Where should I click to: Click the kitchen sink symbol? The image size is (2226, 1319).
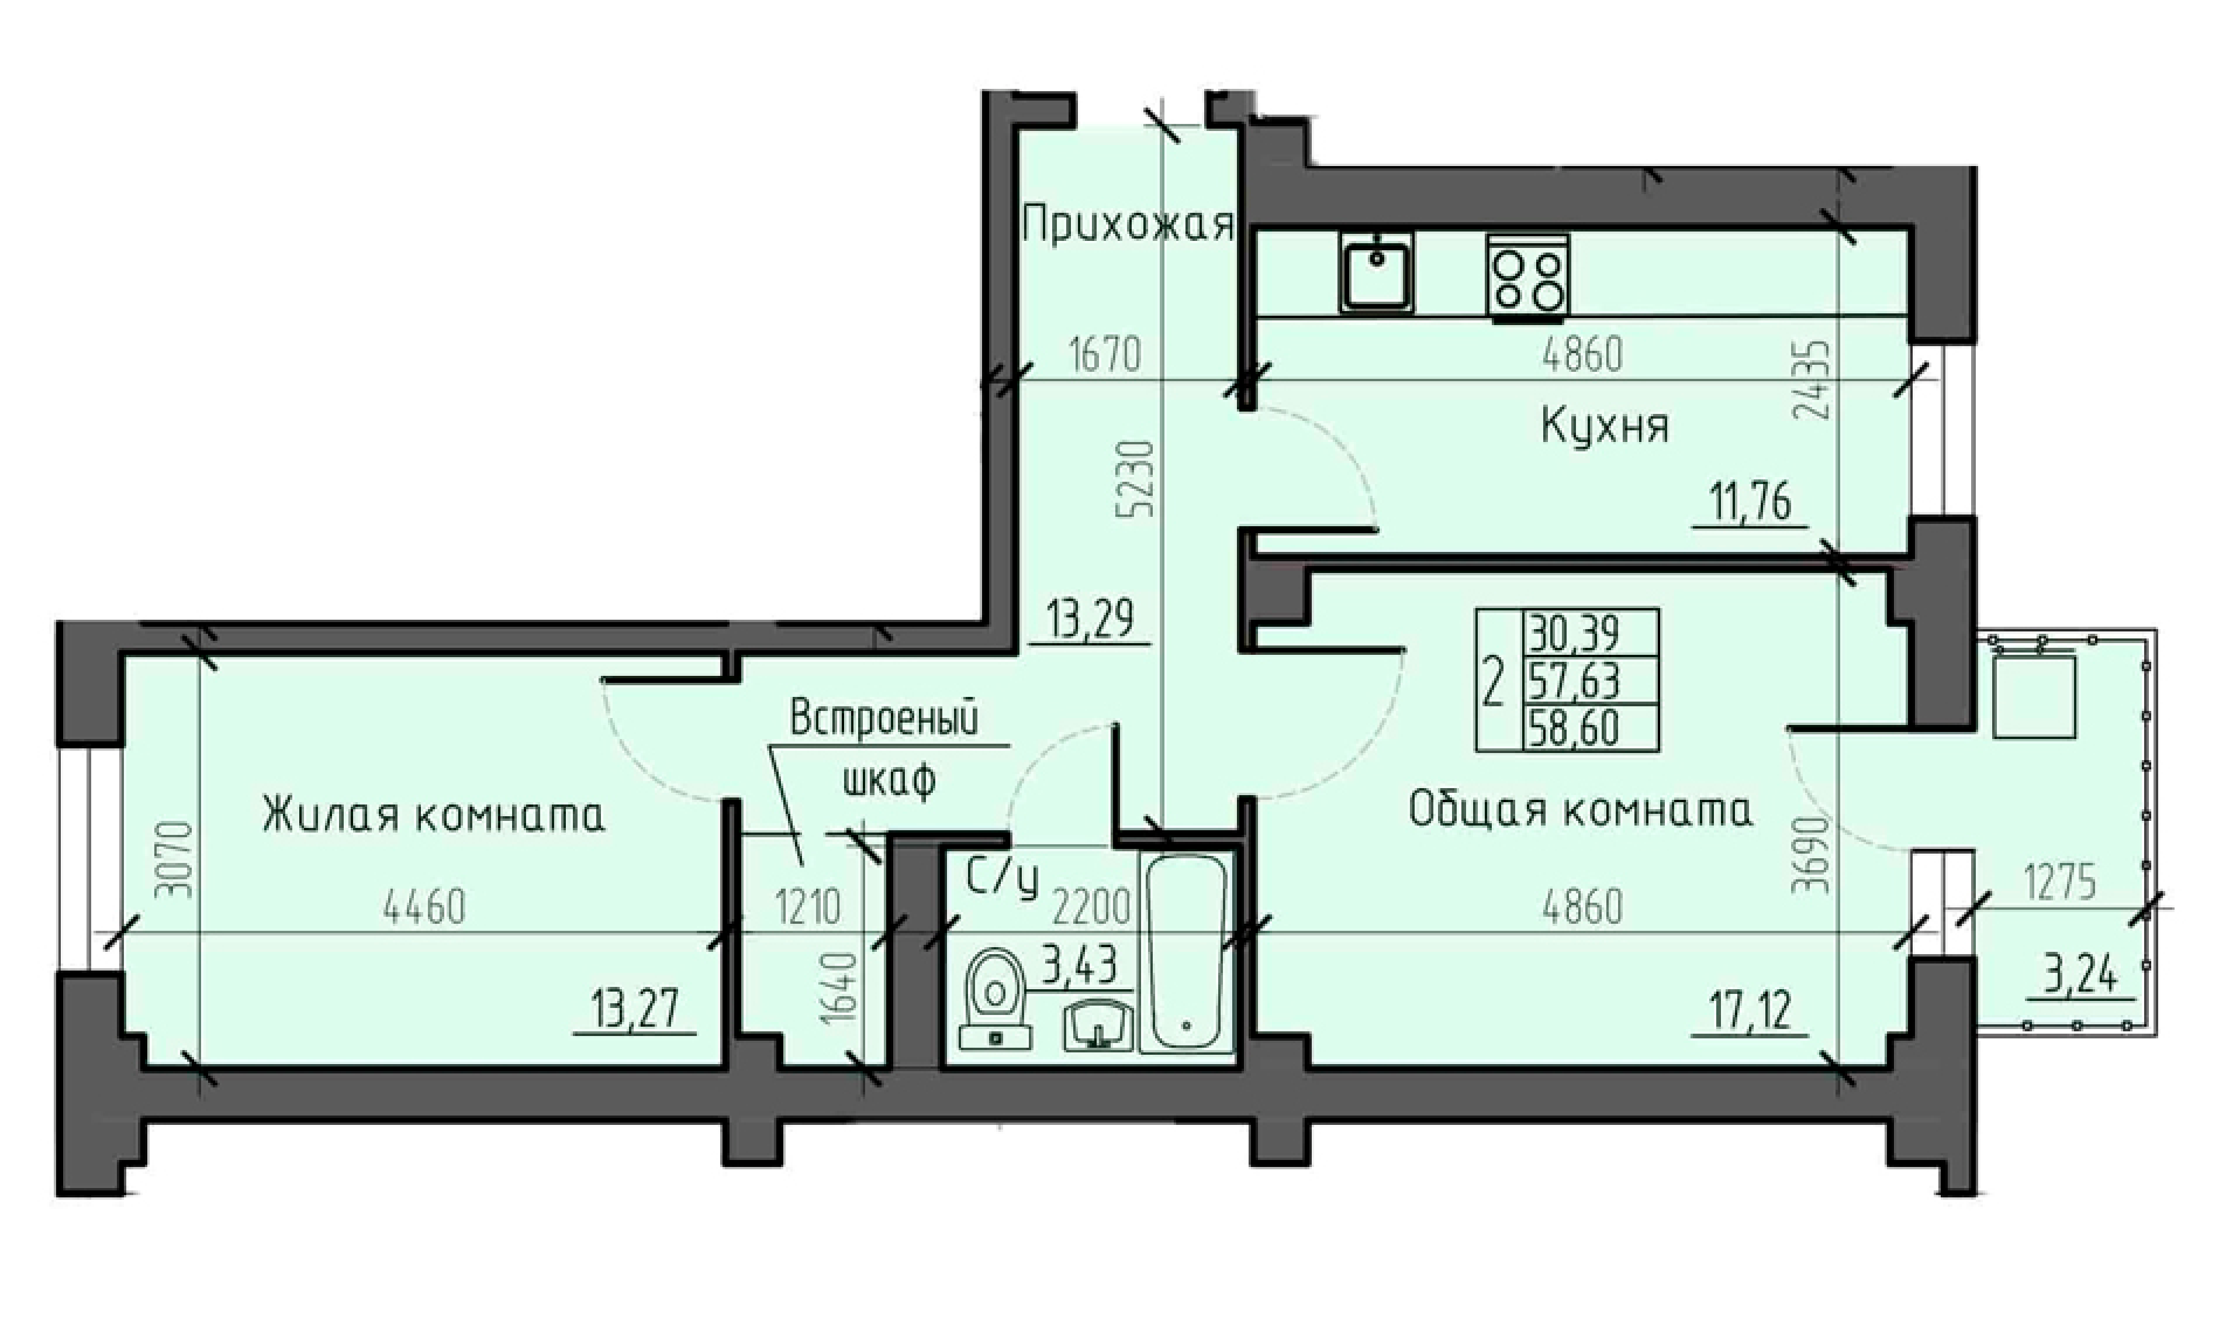1377,273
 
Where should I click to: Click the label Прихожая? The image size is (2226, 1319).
1128,225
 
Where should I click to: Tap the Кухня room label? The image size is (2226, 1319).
1605,427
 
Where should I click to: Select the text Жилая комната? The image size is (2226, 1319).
434,814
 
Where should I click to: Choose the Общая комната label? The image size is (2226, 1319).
1581,810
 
